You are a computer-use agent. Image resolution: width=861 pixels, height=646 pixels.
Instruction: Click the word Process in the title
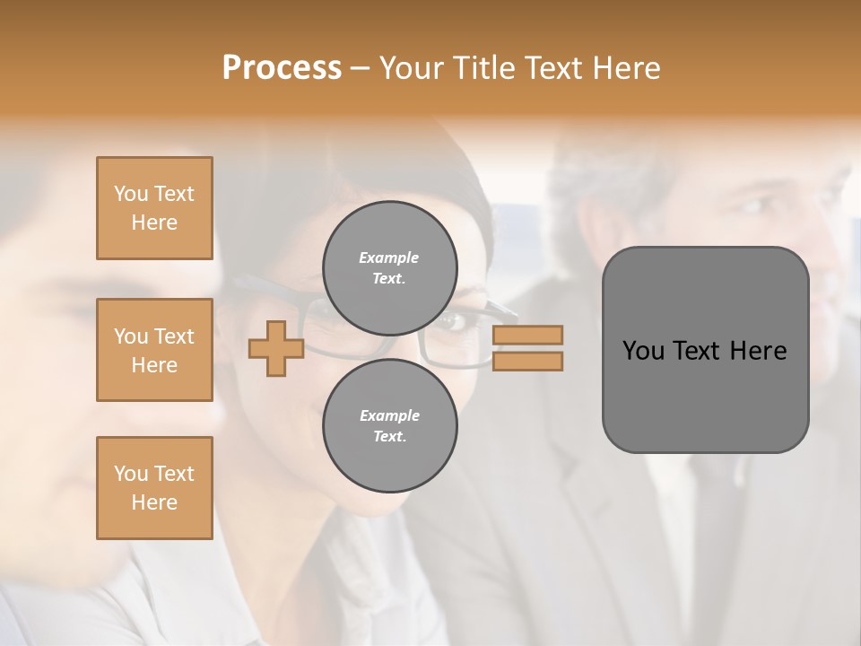point(282,68)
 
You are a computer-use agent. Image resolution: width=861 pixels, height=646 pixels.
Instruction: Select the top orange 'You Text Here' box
point(154,208)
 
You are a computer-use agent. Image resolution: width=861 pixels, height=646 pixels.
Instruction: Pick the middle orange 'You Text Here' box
point(154,350)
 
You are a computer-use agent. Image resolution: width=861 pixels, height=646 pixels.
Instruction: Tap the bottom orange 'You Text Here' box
point(154,488)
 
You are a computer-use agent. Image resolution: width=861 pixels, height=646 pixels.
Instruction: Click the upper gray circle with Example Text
point(389,268)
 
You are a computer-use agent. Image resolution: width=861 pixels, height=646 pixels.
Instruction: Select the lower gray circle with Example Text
point(389,426)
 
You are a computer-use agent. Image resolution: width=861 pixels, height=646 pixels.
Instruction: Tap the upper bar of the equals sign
point(528,336)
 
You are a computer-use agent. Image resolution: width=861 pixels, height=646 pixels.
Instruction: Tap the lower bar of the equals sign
point(528,362)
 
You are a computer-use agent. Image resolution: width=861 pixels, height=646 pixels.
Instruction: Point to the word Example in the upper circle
point(389,258)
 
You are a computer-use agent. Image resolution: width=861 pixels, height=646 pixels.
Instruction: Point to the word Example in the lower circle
point(389,416)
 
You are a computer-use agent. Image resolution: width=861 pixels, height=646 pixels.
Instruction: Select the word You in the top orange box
point(131,194)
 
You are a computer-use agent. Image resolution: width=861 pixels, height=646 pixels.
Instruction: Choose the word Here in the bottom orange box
point(154,502)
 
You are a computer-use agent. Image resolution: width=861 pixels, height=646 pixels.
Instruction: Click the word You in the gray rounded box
point(643,351)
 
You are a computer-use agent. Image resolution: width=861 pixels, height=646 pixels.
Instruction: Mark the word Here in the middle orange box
point(154,365)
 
